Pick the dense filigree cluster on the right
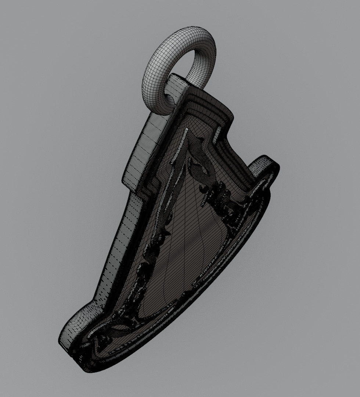pos(224,206)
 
